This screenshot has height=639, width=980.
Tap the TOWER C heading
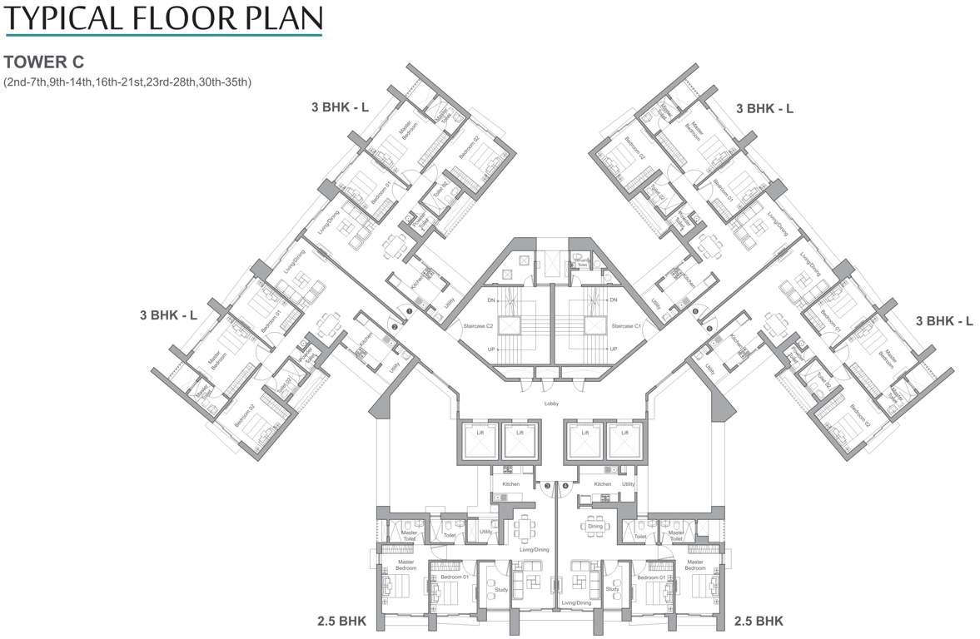click(45, 62)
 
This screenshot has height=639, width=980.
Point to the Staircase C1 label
click(625, 326)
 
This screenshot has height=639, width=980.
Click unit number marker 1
click(409, 312)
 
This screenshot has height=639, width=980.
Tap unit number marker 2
click(395, 327)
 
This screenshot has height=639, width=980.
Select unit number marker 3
click(547, 485)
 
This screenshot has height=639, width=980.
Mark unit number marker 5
click(709, 328)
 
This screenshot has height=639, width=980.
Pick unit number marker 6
click(695, 312)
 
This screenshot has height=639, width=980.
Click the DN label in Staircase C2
click(491, 300)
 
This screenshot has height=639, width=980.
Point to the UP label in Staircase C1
click(613, 349)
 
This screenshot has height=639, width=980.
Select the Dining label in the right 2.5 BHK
click(595, 526)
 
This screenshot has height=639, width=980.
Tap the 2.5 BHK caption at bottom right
click(759, 621)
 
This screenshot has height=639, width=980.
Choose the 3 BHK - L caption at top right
click(764, 108)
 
